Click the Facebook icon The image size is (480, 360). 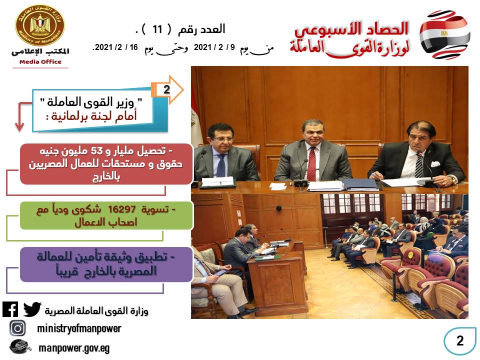pos(10,309)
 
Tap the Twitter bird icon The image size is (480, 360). pos(32,309)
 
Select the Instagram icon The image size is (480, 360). pos(18,328)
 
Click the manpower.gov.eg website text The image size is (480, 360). pos(74,348)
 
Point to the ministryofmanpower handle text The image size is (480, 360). pos(79,328)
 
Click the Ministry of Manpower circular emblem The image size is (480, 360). pos(40,25)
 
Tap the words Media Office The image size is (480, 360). pos(40,62)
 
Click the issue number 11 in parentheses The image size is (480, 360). pos(157,29)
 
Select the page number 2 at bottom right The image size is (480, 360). pos(460,340)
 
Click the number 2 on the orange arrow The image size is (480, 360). pos(166,89)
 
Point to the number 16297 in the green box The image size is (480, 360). pos(122,209)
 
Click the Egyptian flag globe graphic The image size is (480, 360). pos(444,34)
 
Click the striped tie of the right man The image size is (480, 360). pos(418,165)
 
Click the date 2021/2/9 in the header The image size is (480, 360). pos(214,47)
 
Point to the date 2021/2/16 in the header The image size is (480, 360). pos(115,47)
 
